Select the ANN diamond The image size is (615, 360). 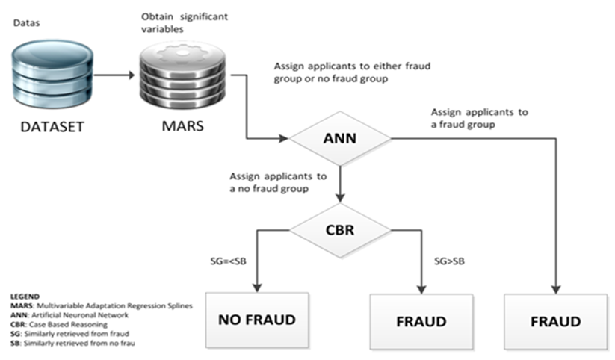click(340, 138)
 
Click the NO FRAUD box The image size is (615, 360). click(256, 320)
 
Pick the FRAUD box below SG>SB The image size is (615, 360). click(421, 322)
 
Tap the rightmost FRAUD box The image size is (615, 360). click(554, 322)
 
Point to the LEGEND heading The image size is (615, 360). click(25, 296)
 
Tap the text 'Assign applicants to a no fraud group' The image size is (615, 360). click(279, 182)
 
